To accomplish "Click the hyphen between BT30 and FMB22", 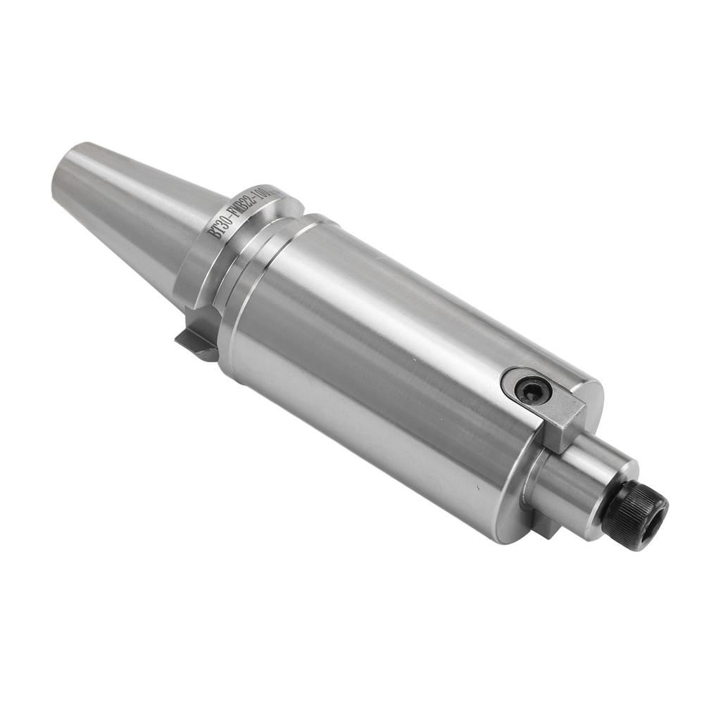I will click(x=235, y=216).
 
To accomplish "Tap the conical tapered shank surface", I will click(x=134, y=204).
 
